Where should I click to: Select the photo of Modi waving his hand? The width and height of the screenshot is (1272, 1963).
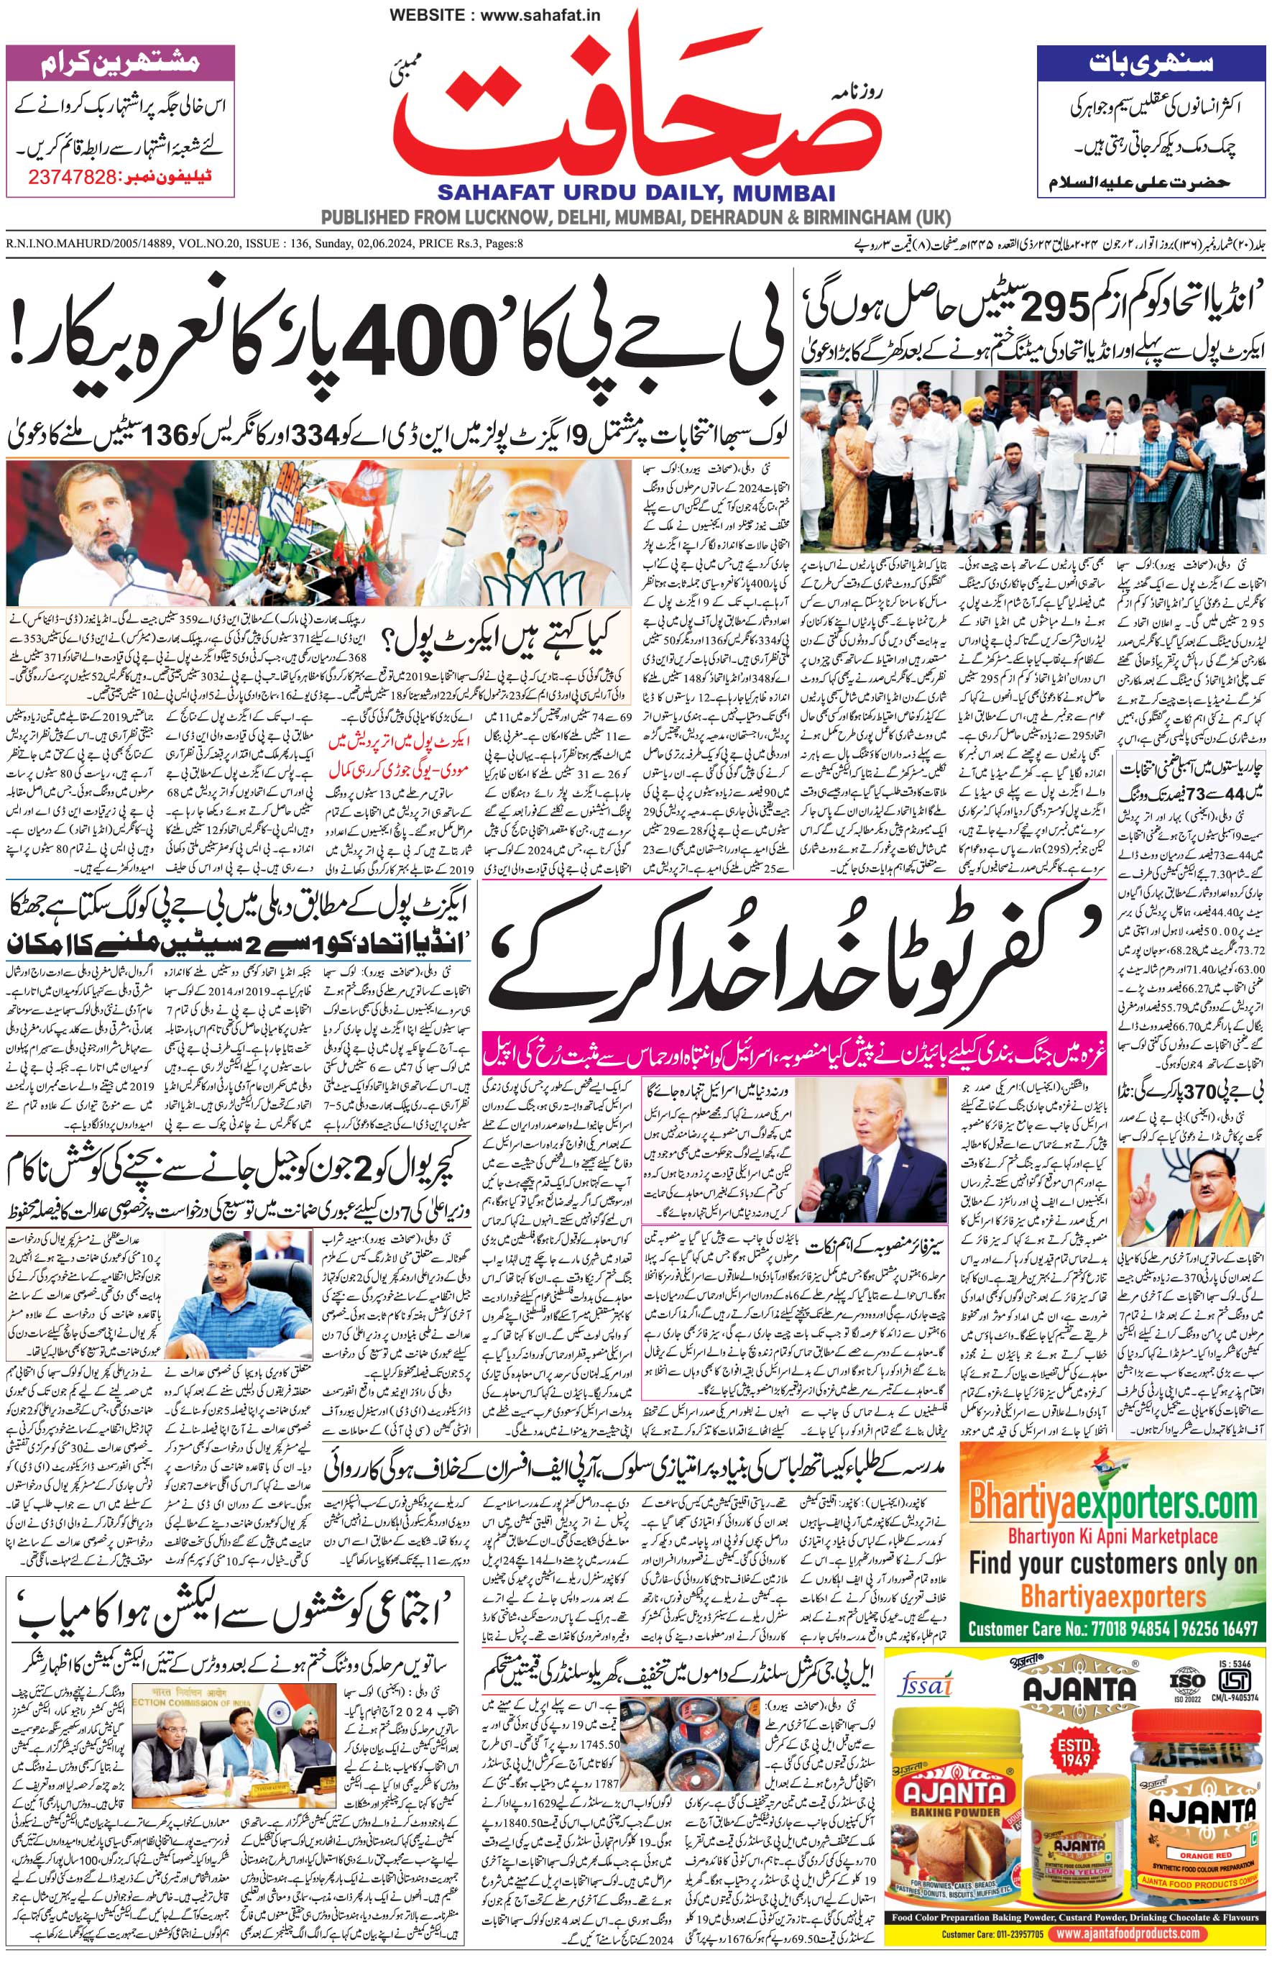(527, 534)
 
